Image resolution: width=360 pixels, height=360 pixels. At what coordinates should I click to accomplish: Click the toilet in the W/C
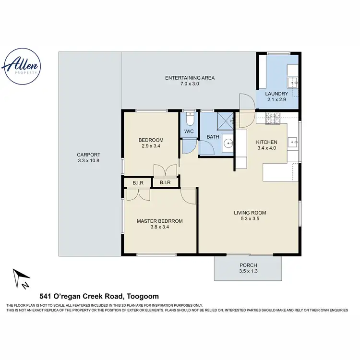click(190, 118)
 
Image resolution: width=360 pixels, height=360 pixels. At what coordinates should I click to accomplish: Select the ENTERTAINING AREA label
click(190, 78)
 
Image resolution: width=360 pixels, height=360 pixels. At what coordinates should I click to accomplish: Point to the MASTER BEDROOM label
click(159, 221)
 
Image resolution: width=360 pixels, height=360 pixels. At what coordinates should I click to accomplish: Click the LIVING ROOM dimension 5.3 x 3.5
click(250, 219)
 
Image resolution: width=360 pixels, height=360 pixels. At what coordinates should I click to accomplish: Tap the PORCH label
click(248, 265)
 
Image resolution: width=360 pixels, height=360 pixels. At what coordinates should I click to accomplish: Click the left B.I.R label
click(135, 182)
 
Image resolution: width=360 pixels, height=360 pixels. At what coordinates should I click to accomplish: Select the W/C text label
click(189, 132)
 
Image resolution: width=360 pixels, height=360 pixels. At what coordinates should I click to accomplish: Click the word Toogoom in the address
click(142, 296)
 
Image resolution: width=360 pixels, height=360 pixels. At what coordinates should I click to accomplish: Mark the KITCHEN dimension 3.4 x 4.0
click(266, 148)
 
